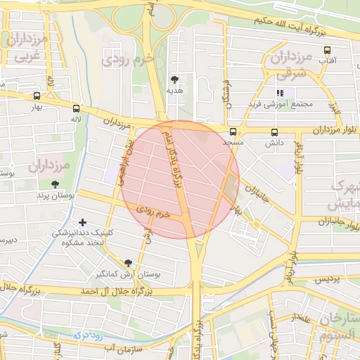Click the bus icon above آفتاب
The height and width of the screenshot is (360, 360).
[x=327, y=50]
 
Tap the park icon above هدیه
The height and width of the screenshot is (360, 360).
[x=174, y=79]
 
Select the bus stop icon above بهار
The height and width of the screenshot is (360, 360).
[x=37, y=96]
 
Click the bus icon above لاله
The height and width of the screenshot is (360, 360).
[x=76, y=108]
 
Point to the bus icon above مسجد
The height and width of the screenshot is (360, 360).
[x=233, y=131]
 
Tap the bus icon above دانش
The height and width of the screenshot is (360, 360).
[x=274, y=131]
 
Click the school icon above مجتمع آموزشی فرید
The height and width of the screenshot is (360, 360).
[x=280, y=92]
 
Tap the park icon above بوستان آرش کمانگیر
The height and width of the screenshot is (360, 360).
[x=127, y=262]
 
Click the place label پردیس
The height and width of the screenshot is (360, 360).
[x=326, y=279]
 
